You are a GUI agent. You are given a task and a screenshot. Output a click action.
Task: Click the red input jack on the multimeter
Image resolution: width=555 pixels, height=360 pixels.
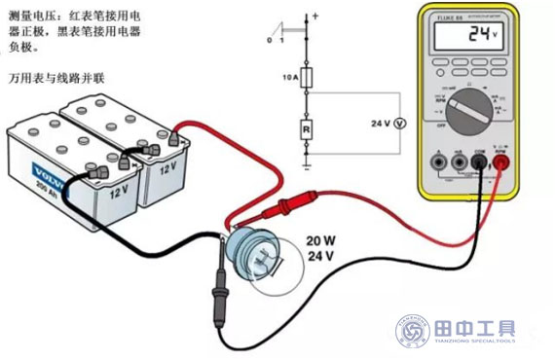[502, 162]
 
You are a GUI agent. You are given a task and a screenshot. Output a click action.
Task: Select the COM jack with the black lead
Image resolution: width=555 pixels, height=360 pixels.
[479, 162]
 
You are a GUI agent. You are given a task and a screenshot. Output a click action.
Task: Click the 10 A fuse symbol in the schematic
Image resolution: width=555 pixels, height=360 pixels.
[308, 79]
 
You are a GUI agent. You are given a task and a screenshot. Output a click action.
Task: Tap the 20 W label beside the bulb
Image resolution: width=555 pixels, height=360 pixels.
[321, 240]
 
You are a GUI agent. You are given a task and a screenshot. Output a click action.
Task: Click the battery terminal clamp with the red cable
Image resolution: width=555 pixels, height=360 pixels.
[179, 138]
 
